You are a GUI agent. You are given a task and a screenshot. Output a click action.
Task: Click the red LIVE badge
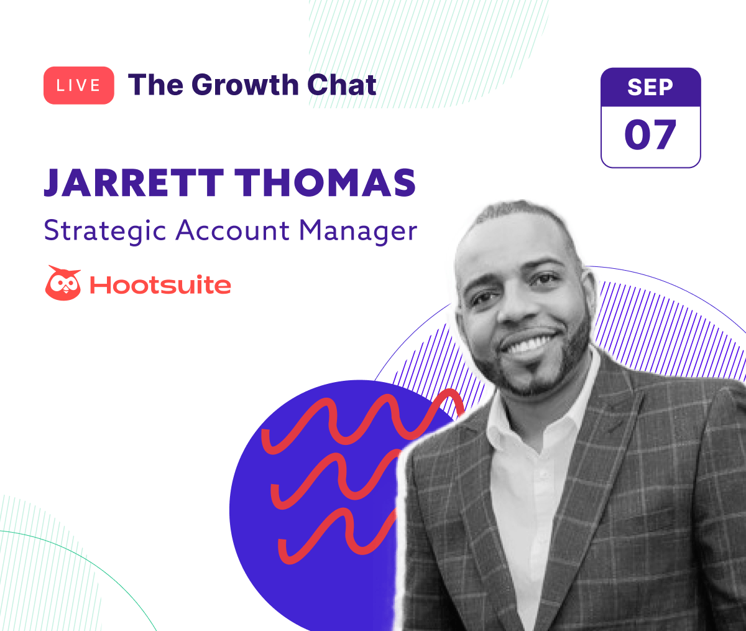[x=78, y=85]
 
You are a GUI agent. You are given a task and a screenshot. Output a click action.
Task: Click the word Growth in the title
[x=245, y=85]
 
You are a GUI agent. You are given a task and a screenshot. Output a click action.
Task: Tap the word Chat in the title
[x=341, y=85]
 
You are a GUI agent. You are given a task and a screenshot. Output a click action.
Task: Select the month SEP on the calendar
[x=650, y=87]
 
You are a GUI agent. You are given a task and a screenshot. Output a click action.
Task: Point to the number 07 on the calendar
[x=650, y=135]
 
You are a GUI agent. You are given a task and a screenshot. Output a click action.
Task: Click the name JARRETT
[x=134, y=183]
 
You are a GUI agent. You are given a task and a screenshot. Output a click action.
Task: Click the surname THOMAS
[x=325, y=183]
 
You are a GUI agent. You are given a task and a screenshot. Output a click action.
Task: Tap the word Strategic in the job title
[x=105, y=231]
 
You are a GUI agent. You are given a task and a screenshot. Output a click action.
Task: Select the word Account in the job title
[x=233, y=231]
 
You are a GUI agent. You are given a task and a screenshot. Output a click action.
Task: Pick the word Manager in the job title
[x=358, y=231]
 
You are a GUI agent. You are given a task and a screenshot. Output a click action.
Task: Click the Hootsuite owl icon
[x=63, y=283]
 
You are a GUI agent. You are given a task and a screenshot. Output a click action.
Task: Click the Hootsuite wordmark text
[x=160, y=285]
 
